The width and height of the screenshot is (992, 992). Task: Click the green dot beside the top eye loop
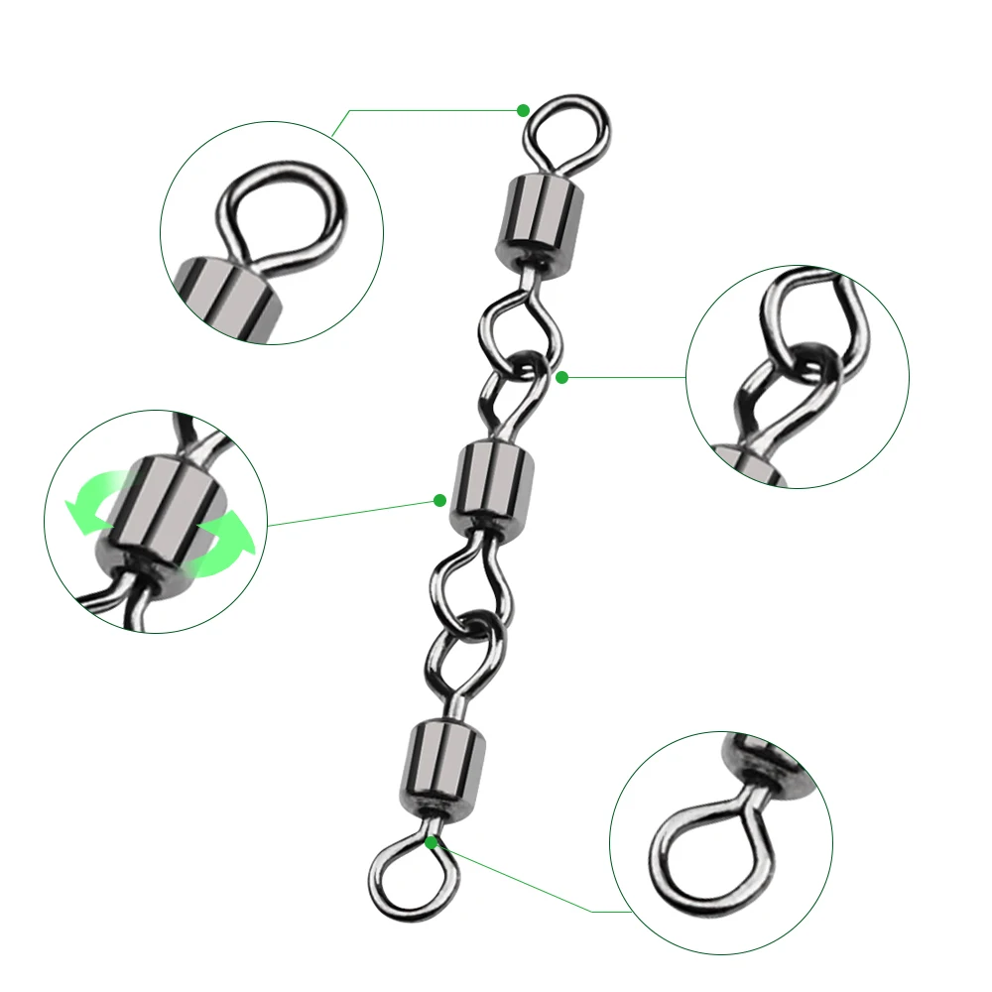click(x=524, y=110)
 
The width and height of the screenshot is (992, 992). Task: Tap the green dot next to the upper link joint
click(x=561, y=377)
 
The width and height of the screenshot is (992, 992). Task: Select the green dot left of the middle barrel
click(x=439, y=501)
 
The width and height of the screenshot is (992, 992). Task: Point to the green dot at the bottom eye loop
click(x=432, y=842)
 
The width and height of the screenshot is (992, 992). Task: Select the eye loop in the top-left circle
click(x=283, y=213)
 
